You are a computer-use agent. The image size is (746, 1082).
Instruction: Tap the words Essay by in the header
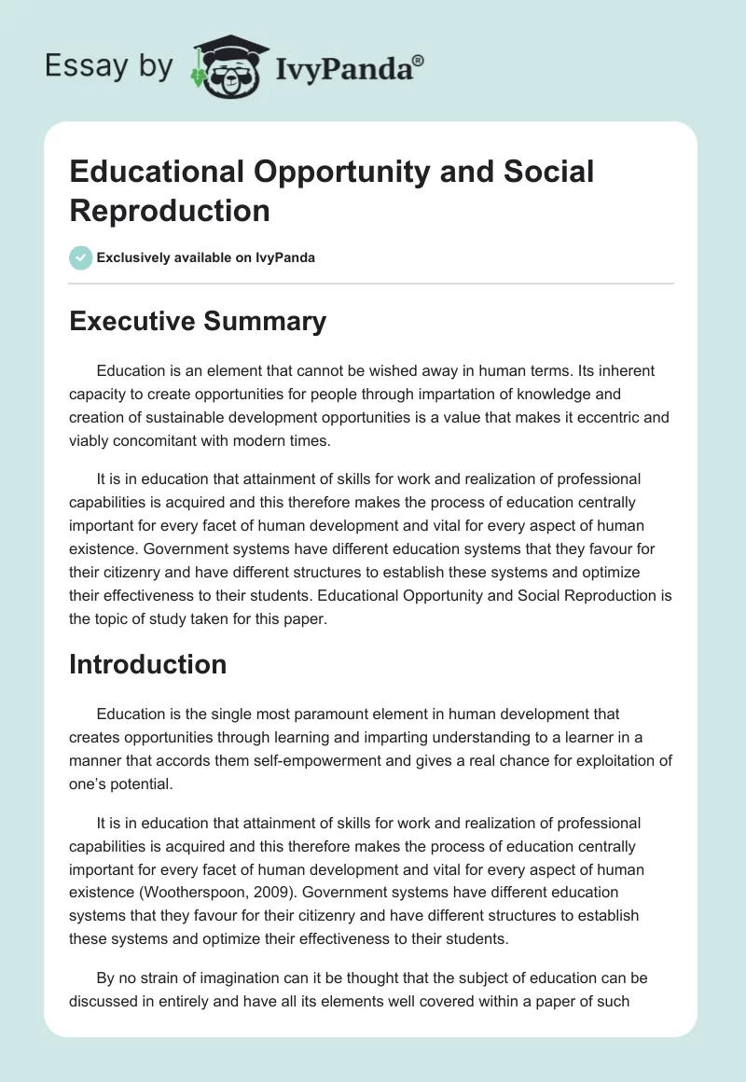click(109, 66)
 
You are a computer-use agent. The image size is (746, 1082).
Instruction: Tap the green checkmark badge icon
click(81, 257)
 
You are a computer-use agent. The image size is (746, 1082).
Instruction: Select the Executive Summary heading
click(198, 321)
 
